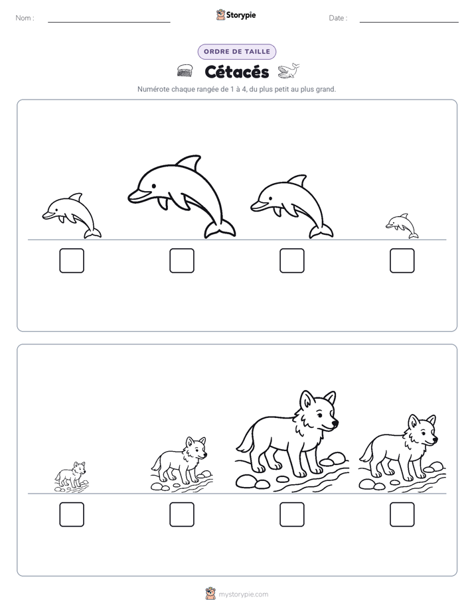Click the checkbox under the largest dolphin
click(x=182, y=260)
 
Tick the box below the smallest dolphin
click(x=402, y=260)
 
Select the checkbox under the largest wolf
click(x=292, y=515)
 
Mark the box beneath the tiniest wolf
click(x=72, y=515)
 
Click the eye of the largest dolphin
click(x=154, y=185)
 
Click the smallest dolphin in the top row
click(x=402, y=226)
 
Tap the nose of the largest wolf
click(x=335, y=423)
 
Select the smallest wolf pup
click(x=71, y=476)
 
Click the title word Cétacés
click(x=236, y=72)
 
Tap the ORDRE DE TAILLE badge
click(x=237, y=52)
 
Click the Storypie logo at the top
click(x=236, y=15)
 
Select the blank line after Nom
click(x=109, y=22)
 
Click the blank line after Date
click(x=409, y=22)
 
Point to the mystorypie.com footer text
click(x=243, y=594)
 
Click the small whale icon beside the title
click(x=289, y=71)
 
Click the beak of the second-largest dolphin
click(x=258, y=206)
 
